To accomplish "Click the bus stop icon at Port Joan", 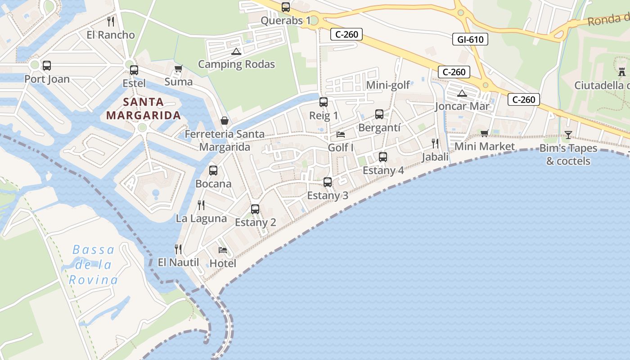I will [x=47, y=66].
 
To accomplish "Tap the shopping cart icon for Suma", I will [x=178, y=69].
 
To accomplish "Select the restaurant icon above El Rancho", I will [x=111, y=21].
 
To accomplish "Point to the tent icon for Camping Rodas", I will [x=236, y=51].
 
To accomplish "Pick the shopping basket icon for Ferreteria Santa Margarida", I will [x=225, y=121].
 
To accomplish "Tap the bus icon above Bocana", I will [x=213, y=171].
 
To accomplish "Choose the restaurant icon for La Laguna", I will [x=201, y=205].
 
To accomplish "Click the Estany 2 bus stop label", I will [x=255, y=222].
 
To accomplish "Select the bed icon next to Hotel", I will [x=222, y=250].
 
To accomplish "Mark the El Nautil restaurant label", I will [x=178, y=262].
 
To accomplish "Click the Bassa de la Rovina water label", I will [x=93, y=265].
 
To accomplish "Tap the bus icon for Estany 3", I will [x=328, y=182].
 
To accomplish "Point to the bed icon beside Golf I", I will [x=341, y=135].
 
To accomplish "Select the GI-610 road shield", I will [x=470, y=40].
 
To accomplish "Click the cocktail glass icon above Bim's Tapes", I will [x=568, y=135].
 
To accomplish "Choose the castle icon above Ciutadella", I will [x=622, y=72].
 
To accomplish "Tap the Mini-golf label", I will [x=388, y=85].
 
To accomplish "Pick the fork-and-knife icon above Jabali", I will [x=435, y=144].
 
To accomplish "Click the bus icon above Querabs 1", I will [x=286, y=7].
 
